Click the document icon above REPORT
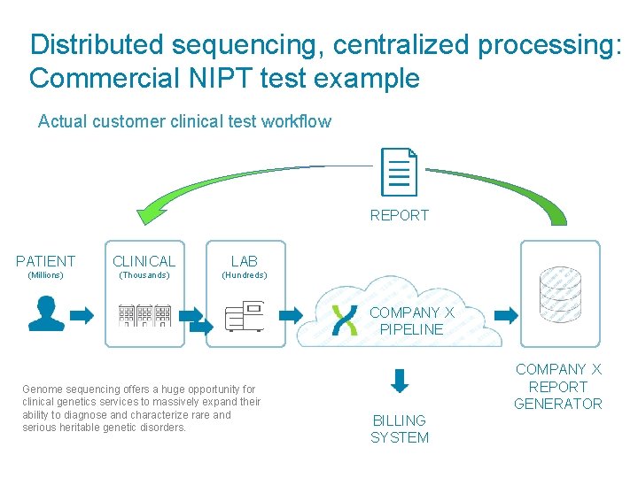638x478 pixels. pyautogui.click(x=399, y=172)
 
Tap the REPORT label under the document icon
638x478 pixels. pyautogui.click(x=399, y=215)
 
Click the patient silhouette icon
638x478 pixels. pyautogui.click(x=46, y=313)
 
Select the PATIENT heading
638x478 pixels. pyautogui.click(x=46, y=261)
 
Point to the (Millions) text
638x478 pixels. pyautogui.click(x=46, y=275)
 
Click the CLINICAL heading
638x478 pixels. pyautogui.click(x=144, y=261)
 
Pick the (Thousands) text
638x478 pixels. pyautogui.click(x=144, y=275)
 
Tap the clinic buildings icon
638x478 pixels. pyautogui.click(x=144, y=314)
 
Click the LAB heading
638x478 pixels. pyautogui.click(x=244, y=261)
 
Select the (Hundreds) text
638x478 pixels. pyautogui.click(x=244, y=275)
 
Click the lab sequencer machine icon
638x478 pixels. pyautogui.click(x=244, y=315)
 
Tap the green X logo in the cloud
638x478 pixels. pyautogui.click(x=344, y=320)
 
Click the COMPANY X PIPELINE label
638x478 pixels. pyautogui.click(x=411, y=321)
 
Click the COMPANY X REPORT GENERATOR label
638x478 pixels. pyautogui.click(x=558, y=387)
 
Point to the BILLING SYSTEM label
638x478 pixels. pyautogui.click(x=400, y=429)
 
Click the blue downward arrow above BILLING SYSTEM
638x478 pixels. pyautogui.click(x=400, y=381)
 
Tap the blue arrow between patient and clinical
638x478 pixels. pyautogui.click(x=82, y=314)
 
